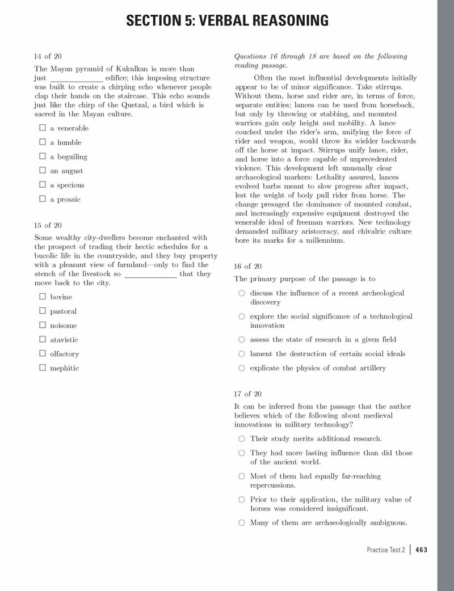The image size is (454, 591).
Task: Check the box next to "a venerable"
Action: pyautogui.click(x=42, y=128)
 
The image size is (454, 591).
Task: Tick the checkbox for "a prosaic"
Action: pyautogui.click(x=42, y=199)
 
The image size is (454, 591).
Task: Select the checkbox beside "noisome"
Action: pyautogui.click(x=42, y=325)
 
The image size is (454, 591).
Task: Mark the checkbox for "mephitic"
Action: pyautogui.click(x=42, y=368)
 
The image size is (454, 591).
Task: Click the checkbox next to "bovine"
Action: pyautogui.click(x=42, y=296)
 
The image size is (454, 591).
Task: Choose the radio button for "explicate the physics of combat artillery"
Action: pyautogui.click(x=242, y=368)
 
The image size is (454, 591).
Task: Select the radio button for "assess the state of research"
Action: pyautogui.click(x=242, y=339)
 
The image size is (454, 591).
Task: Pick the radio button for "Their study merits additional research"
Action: pyautogui.click(x=242, y=438)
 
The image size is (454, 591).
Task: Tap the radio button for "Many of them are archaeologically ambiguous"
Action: pyautogui.click(x=242, y=522)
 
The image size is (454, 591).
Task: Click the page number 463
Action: pyautogui.click(x=421, y=550)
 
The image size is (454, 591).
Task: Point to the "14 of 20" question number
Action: pyautogui.click(x=48, y=56)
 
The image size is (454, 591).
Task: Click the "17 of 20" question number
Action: pyautogui.click(x=247, y=394)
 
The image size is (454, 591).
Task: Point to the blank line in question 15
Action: pyautogui.click(x=150, y=275)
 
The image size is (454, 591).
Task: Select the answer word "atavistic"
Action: pyautogui.click(x=64, y=340)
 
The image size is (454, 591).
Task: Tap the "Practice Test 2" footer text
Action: pyautogui.click(x=386, y=550)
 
